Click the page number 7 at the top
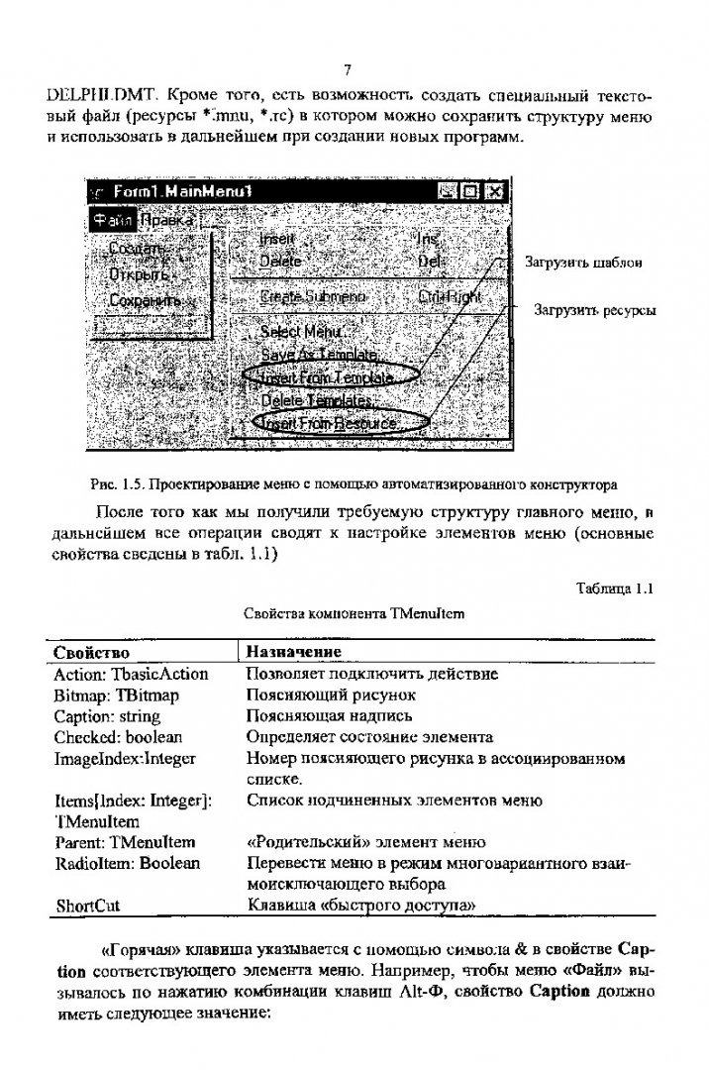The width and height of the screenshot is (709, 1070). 347,69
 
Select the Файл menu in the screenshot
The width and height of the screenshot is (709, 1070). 111,220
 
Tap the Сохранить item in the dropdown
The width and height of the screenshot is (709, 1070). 145,299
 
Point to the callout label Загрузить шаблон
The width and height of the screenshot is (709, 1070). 583,263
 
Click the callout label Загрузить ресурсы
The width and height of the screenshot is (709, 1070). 595,310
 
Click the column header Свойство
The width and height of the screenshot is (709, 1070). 91,651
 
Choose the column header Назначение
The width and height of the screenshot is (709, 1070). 293,651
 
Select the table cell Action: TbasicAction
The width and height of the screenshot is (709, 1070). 131,674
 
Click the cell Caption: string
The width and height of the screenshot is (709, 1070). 107,715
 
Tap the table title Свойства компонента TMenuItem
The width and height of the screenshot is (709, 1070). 354,613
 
